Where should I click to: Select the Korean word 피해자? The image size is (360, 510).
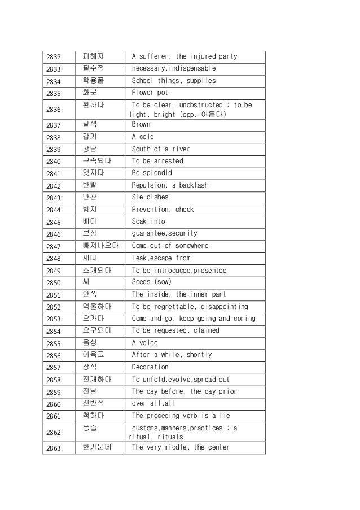93,56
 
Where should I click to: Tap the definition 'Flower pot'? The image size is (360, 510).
150,93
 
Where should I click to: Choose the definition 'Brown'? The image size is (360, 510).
141,124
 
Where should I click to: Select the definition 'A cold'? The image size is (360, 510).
143,137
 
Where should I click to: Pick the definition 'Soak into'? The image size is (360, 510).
148,221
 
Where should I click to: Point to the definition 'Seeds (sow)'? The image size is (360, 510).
151,282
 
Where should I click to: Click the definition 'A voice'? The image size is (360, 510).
145,343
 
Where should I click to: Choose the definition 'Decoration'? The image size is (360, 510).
150,367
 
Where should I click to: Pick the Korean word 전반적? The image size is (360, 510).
93,403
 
